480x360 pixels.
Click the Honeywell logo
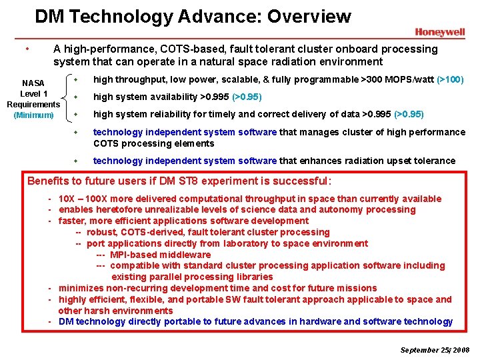439,32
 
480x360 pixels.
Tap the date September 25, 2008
435,350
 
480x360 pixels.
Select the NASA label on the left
33,83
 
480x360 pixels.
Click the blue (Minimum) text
33,115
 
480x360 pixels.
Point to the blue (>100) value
450,80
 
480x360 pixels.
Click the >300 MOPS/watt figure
397,80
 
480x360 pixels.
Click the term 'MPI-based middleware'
159,255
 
